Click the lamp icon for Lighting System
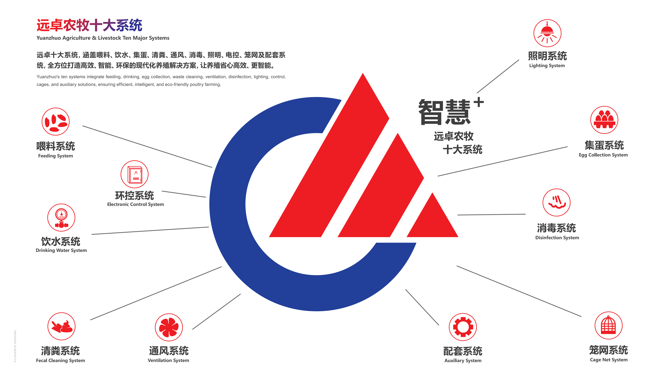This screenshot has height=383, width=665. click(x=547, y=33)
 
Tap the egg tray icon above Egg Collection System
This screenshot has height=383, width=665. click(x=604, y=120)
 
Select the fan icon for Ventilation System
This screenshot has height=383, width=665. click(x=168, y=327)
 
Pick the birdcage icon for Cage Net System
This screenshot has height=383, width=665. click(x=608, y=325)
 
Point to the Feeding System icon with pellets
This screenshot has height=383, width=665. click(x=56, y=121)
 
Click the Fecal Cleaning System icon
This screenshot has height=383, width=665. click(x=61, y=326)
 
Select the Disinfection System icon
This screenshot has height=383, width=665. click(x=556, y=202)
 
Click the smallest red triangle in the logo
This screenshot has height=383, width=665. click(x=433, y=221)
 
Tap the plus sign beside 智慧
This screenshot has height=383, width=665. click(x=479, y=102)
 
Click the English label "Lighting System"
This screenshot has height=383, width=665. click(x=547, y=65)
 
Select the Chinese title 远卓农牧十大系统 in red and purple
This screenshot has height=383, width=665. click(x=89, y=25)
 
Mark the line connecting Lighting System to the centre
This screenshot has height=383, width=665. click(x=498, y=76)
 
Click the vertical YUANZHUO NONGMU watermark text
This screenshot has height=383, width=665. click(x=15, y=346)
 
